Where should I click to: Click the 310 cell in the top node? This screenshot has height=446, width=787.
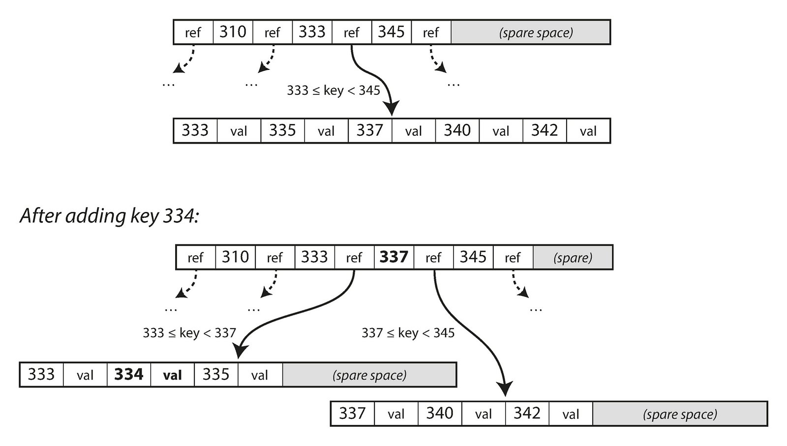tap(233, 32)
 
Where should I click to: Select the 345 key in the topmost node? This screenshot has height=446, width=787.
tap(391, 32)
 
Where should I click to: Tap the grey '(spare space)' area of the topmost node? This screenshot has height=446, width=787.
tap(530, 32)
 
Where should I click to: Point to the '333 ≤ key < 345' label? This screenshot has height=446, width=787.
tap(333, 90)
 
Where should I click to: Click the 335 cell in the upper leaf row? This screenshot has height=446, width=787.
tap(282, 131)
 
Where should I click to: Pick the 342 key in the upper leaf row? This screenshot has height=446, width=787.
tap(545, 131)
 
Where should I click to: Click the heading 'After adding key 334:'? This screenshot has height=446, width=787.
tap(109, 216)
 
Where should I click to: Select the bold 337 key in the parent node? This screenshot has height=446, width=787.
tap(394, 257)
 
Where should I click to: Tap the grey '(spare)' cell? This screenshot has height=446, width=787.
tap(573, 258)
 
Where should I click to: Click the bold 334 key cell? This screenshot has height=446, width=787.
tap(129, 375)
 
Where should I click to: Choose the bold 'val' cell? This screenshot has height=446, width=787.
tap(172, 375)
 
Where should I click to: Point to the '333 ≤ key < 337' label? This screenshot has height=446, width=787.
tap(189, 333)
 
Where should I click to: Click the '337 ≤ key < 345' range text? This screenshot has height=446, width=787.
tap(408, 333)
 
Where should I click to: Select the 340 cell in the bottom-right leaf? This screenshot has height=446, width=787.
tap(440, 414)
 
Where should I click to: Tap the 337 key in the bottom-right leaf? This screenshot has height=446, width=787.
tap(352, 414)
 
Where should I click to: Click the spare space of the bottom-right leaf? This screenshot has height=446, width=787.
tap(680, 414)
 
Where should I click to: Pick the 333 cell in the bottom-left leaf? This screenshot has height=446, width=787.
tap(41, 375)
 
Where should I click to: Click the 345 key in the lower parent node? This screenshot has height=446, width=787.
tap(473, 257)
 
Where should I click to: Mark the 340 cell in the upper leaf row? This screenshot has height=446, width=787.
tap(457, 131)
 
